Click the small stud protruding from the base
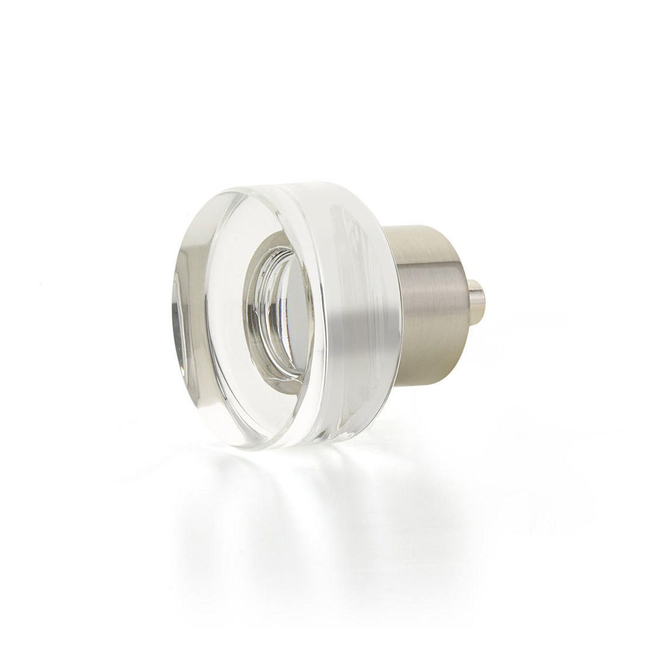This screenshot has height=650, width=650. click(x=476, y=301)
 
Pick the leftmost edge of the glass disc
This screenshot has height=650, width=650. click(x=173, y=313)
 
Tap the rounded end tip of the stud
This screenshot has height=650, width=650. click(x=483, y=301)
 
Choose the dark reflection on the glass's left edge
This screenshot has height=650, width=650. click(x=179, y=313)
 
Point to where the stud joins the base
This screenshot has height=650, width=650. click(x=469, y=301)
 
